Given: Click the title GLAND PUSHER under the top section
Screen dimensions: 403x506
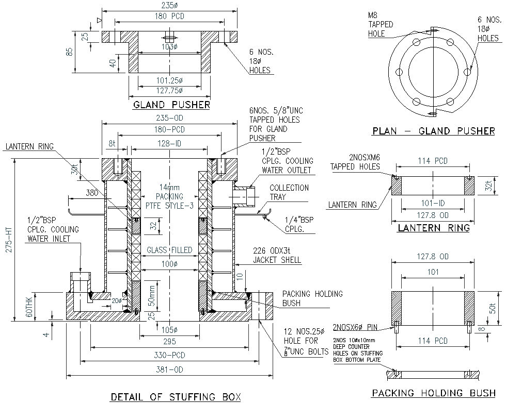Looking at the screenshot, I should pyautogui.click(x=171, y=105).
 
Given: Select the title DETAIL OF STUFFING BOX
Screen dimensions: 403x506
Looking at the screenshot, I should pyautogui.click(x=176, y=397).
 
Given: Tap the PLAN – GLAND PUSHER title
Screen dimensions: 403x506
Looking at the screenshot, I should pyautogui.click(x=433, y=131).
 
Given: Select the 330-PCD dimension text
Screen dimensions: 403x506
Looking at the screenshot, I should pyautogui.click(x=170, y=355).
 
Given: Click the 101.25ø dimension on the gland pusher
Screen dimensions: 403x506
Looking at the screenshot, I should pyautogui.click(x=170, y=81).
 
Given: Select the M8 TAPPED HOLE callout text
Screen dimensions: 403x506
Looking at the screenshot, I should pyautogui.click(x=381, y=25).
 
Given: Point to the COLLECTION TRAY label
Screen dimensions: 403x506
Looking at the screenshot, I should pyautogui.click(x=289, y=193).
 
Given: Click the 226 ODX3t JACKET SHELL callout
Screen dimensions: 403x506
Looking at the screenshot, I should pyautogui.click(x=277, y=255).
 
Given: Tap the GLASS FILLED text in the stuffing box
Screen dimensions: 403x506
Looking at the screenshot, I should pyautogui.click(x=169, y=250).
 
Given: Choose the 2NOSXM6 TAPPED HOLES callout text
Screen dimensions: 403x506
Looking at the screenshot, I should pyautogui.click(x=355, y=162).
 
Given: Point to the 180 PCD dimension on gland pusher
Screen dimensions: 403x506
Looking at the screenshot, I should pyautogui.click(x=170, y=16).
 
